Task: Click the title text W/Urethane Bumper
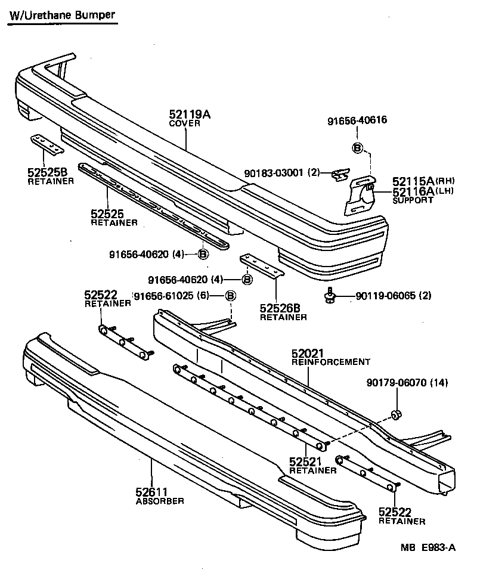61,15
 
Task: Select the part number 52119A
190,114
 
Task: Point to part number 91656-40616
357,120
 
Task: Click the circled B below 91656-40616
357,148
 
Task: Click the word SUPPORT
413,200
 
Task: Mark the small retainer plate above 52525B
47,143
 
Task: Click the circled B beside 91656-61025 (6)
231,296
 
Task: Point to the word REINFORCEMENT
331,362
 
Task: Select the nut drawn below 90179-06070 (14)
395,415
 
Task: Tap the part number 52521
306,461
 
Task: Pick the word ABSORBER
160,501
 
